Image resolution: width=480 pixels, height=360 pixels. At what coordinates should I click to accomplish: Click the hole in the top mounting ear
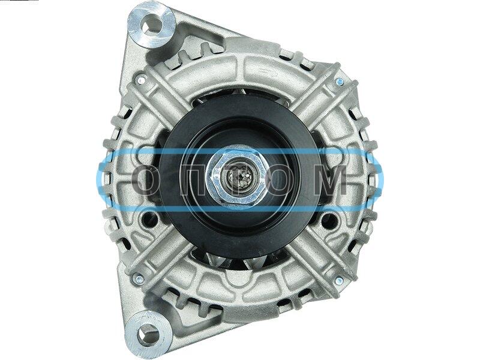point(152,24)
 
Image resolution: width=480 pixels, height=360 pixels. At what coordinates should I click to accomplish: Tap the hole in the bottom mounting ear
point(148,334)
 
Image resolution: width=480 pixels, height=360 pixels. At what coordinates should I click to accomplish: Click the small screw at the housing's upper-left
point(141,80)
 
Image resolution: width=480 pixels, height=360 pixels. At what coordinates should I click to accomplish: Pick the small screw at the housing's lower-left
point(139,279)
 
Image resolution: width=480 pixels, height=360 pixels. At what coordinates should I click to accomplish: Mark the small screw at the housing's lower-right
point(339,280)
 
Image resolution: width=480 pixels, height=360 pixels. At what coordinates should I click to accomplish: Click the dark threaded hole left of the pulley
point(150,218)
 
